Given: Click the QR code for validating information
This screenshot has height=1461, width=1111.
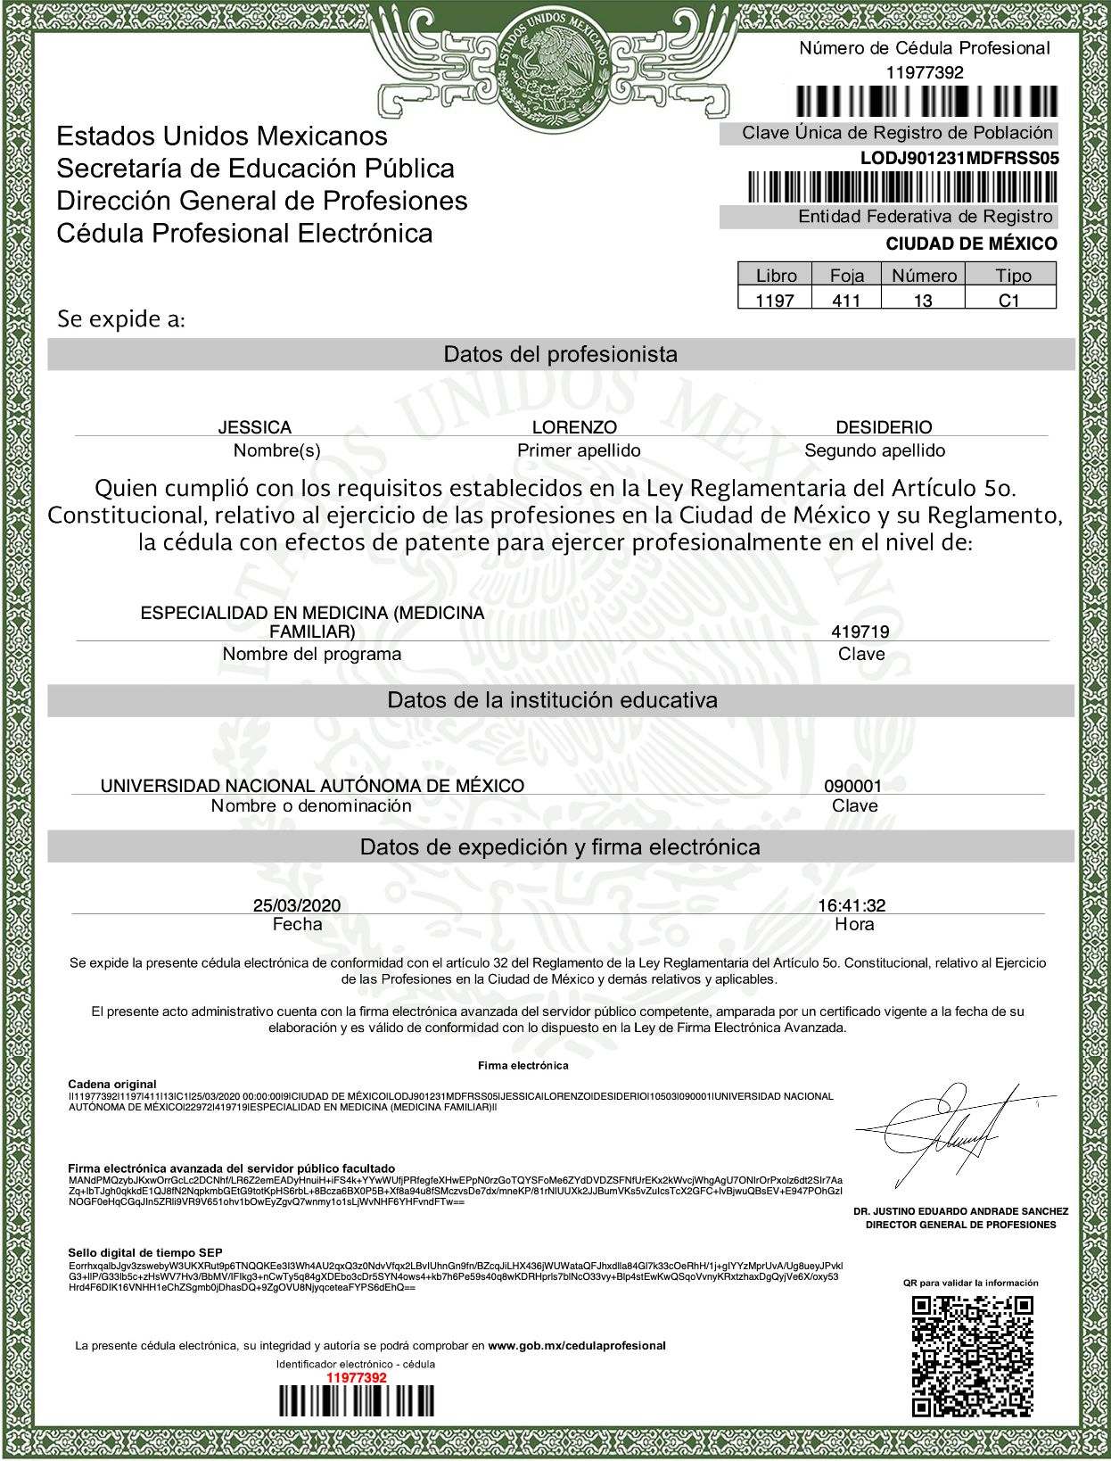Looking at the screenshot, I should pos(971,1355).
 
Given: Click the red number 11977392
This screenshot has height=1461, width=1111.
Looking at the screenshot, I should pos(356,1377).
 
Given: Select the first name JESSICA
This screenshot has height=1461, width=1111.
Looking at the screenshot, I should pos(254,427).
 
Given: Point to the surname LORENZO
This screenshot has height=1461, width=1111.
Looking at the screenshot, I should pos(574,427).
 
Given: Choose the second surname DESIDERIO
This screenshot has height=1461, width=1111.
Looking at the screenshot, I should pos(883,427).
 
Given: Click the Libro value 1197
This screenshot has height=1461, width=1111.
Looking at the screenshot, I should pos(774,301).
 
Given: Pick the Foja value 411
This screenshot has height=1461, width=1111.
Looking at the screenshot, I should pos(845,301).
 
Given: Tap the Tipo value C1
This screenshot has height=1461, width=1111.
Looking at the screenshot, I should pos(1008,301).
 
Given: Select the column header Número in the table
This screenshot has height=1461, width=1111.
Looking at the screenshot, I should pos(924,276).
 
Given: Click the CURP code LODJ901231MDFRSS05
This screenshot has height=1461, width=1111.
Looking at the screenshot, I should pos(959,159).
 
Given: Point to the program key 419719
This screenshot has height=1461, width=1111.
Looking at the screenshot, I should pos(860,631).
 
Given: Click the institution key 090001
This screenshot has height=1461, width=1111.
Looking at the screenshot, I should pos(852,786).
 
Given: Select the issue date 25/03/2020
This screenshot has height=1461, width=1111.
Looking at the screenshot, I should pos(297,905).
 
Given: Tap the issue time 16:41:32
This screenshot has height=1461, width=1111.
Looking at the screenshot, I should pos(852,905).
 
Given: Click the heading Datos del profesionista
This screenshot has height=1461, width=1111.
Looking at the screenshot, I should pos(560,354).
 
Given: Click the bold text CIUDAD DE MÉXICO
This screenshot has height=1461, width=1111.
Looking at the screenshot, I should pos(971,243).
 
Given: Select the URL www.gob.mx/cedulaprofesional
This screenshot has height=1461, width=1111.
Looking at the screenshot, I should pos(577,1345).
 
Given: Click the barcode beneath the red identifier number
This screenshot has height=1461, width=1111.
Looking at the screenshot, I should pos(356,1401).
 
